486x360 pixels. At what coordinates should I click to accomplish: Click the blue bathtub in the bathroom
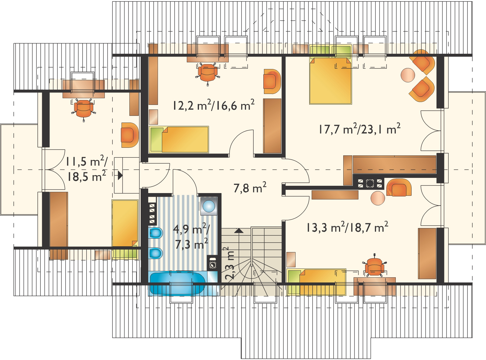(x=177, y=283)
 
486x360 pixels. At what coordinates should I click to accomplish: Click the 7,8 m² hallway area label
(x=250, y=187)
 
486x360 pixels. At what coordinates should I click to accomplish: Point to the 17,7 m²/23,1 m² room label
(x=359, y=129)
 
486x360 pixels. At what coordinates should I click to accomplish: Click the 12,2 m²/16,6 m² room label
(x=214, y=105)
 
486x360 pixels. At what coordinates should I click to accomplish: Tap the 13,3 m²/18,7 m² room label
(x=347, y=227)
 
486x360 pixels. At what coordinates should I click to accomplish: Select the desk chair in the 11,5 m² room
(x=84, y=109)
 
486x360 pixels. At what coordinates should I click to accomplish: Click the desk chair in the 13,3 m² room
(x=375, y=266)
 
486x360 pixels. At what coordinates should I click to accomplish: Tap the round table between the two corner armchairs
(x=408, y=75)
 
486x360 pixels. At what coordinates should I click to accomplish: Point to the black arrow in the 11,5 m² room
(x=120, y=175)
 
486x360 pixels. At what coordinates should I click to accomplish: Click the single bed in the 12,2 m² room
(x=179, y=139)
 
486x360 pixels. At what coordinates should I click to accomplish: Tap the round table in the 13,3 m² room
(x=378, y=198)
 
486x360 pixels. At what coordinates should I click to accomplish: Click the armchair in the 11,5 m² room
(x=130, y=135)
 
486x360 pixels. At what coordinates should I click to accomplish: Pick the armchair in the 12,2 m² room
(x=272, y=81)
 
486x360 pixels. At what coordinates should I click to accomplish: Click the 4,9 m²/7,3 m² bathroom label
(x=191, y=237)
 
